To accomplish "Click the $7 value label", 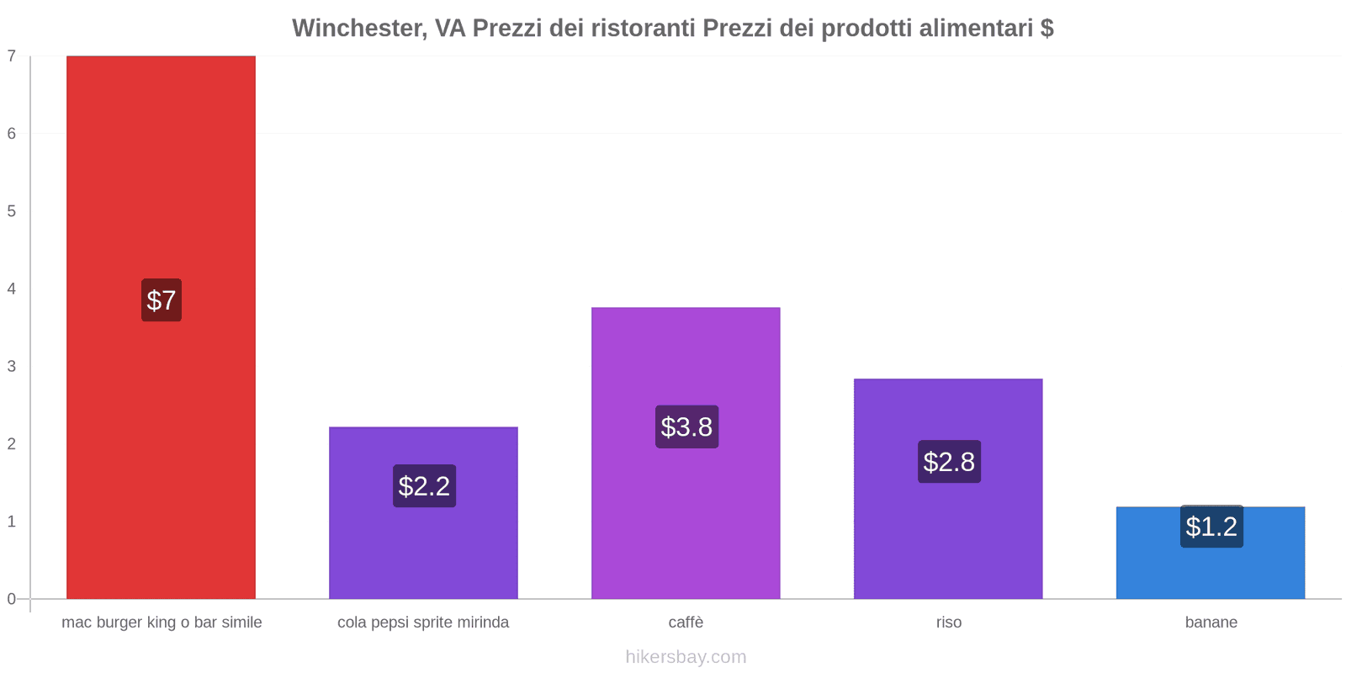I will pyautogui.click(x=161, y=300).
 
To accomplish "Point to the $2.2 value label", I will pyautogui.click(x=424, y=486).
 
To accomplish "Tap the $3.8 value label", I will pyautogui.click(x=686, y=427).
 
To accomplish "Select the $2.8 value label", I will pyautogui.click(x=949, y=462).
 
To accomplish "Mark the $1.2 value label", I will pyautogui.click(x=1211, y=527).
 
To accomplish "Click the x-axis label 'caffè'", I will pyautogui.click(x=686, y=623).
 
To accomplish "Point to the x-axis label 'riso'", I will pyautogui.click(x=948, y=623).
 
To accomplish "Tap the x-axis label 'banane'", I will pyautogui.click(x=1211, y=623).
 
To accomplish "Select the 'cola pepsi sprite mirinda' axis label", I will pyautogui.click(x=423, y=623).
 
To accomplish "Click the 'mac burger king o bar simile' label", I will pyautogui.click(x=162, y=623).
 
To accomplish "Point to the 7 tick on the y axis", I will pyautogui.click(x=12, y=56).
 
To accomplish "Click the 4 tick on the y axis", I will pyautogui.click(x=12, y=289).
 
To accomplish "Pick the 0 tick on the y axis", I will pyautogui.click(x=12, y=599).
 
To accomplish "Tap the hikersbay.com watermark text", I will pyautogui.click(x=686, y=657).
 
